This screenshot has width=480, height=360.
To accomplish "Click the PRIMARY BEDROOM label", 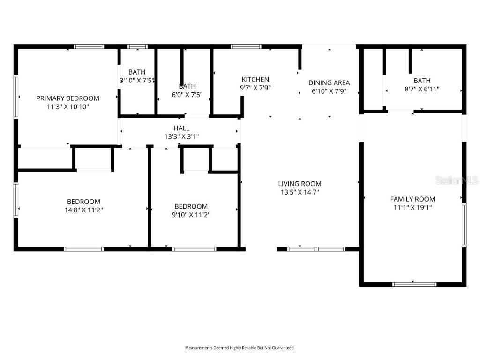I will click(x=68, y=98).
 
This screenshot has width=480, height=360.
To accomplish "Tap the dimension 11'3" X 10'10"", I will click(x=68, y=106).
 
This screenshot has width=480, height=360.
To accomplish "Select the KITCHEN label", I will click(x=255, y=79).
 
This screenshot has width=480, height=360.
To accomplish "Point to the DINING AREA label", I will click(x=329, y=83).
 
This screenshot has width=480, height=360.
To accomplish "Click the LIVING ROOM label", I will click(x=300, y=184).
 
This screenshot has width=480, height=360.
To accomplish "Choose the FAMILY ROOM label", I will click(x=412, y=199).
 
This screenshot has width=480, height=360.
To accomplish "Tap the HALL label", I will click(x=181, y=128).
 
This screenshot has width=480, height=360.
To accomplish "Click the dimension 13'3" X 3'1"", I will click(x=181, y=136).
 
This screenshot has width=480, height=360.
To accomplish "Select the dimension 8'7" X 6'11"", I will click(x=422, y=89).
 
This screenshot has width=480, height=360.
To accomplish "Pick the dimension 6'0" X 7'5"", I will click(x=187, y=94).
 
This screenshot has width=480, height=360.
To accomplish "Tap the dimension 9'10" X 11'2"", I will click(x=191, y=215).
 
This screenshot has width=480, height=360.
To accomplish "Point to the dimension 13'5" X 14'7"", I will click(x=300, y=192).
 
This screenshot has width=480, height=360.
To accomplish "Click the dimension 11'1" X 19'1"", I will click(x=412, y=207).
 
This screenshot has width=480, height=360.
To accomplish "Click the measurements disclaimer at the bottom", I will click(x=240, y=348).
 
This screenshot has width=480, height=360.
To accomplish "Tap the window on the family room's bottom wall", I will click(x=414, y=284).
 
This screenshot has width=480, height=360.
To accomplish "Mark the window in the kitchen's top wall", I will click(x=246, y=46).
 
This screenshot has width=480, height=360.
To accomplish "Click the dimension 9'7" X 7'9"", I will click(x=255, y=87).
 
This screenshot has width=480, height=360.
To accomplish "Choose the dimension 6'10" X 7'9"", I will click(x=329, y=91).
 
